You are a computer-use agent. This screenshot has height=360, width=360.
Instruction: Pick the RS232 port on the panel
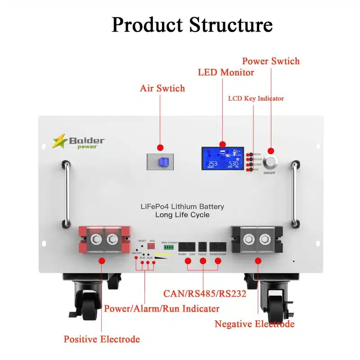pos(202,247)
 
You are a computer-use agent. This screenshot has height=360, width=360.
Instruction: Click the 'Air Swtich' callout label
pos(162,88)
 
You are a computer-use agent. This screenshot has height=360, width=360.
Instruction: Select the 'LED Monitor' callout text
pos(226,72)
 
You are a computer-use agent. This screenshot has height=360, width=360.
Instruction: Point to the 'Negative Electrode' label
pos(254,324)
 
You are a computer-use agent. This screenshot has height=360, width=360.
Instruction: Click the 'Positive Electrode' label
pos(102,339)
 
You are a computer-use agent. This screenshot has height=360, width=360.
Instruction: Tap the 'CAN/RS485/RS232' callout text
pos(204,294)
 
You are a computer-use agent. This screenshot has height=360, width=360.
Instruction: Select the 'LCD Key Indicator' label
pos(256,98)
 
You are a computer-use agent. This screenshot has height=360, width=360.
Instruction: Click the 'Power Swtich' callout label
pos(270,61)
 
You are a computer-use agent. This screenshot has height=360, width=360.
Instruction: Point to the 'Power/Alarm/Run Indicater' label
pos(162,309)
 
